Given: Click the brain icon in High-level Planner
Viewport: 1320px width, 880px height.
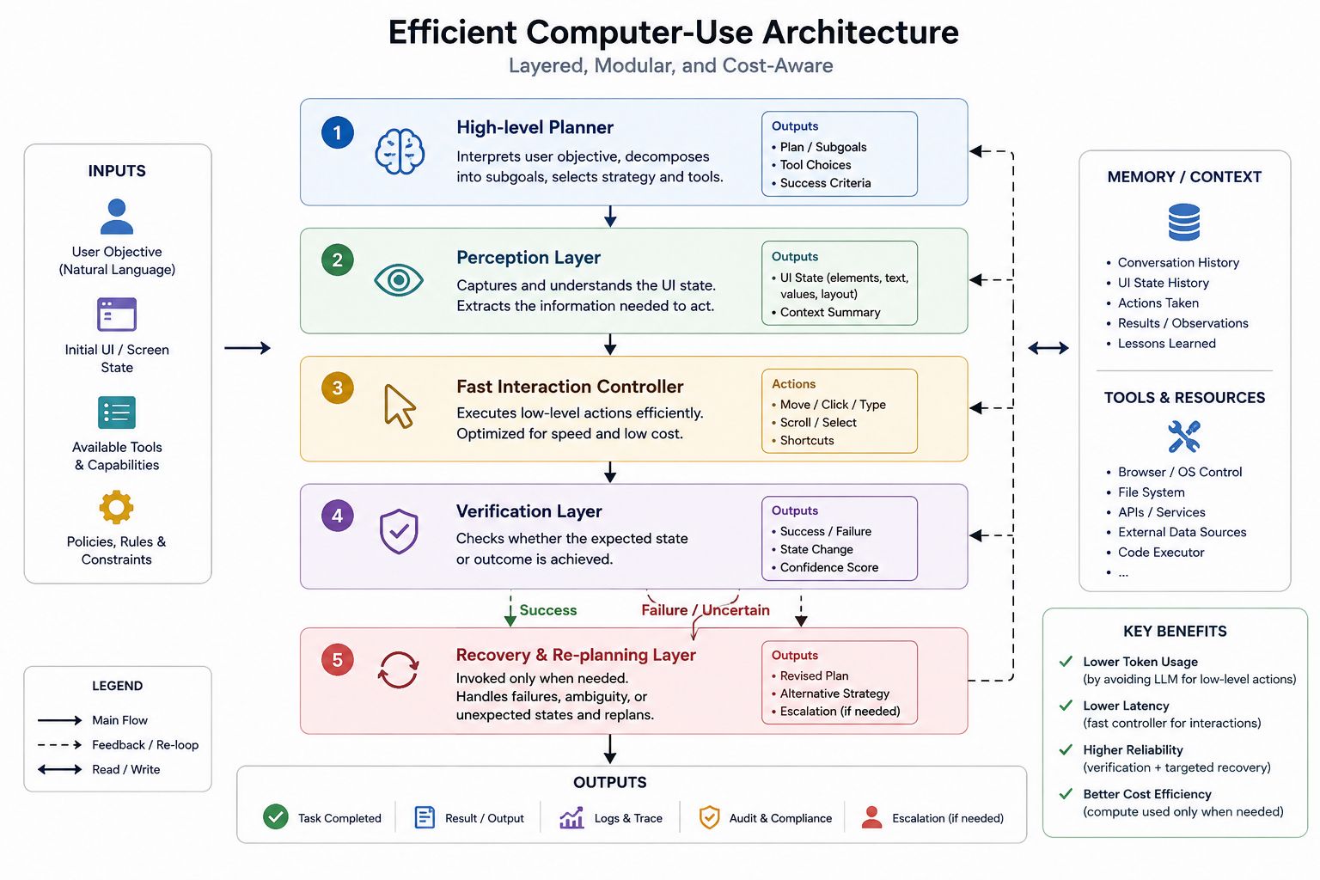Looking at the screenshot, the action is point(400,151).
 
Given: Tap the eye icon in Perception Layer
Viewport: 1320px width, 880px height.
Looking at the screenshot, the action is point(399,280).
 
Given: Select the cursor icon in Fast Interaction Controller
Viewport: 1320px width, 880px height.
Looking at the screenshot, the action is point(400,406).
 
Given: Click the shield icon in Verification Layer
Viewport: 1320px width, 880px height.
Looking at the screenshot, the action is point(399,531).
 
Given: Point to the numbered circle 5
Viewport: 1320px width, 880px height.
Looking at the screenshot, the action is point(337,659).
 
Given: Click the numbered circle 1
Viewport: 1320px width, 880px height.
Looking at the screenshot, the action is point(337,132).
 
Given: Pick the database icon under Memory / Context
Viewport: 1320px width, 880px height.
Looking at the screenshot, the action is point(1184,223).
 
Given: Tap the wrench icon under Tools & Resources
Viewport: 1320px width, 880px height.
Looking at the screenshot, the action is point(1184,437).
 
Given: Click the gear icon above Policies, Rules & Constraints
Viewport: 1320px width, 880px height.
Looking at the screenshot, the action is point(116,507).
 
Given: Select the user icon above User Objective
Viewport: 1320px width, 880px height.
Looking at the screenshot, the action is point(117,217).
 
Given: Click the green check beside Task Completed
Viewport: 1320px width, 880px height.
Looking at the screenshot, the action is point(275,817).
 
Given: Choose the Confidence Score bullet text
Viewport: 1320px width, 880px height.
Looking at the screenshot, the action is point(829,567).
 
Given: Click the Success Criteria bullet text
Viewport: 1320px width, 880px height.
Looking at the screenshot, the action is point(825,183).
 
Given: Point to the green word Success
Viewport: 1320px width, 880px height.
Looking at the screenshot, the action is point(548,610).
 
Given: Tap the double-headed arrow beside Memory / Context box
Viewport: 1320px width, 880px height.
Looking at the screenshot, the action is point(1048,348).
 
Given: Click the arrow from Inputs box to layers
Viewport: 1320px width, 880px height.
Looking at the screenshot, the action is point(247,348).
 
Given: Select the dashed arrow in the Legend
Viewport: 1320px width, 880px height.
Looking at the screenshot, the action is point(59,745).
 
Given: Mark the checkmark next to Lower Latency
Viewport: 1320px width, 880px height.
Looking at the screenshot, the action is point(1066,706).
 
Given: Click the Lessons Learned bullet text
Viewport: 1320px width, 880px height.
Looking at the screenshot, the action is point(1167,343).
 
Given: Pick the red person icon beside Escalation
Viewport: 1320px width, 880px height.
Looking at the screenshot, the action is point(871,817).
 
